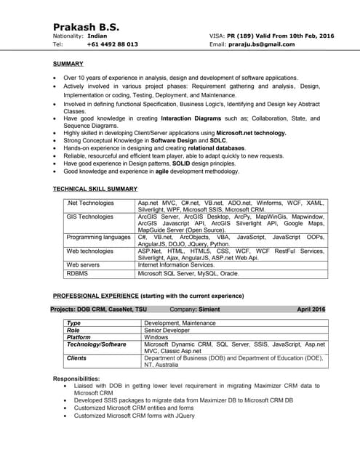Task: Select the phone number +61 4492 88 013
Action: click(112, 44)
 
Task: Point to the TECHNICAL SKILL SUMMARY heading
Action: click(95, 189)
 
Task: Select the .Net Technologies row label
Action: click(90, 203)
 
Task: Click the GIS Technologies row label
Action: click(89, 217)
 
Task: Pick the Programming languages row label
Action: click(98, 237)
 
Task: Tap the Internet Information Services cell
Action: click(176, 265)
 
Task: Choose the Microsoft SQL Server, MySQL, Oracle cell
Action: click(188, 274)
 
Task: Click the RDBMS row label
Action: click(77, 274)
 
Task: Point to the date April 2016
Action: click(311, 309)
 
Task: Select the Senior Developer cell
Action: click(167, 330)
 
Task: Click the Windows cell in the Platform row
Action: click(156, 337)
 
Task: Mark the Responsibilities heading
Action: click(76, 379)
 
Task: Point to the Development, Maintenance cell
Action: click(180, 323)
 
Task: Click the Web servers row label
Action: click(84, 265)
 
